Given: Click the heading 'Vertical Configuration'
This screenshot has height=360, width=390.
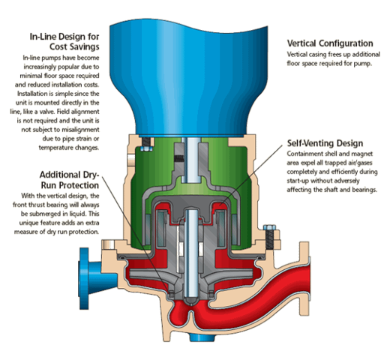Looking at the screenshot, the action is [330, 43].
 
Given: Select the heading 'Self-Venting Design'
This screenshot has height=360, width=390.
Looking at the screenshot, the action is [325, 143].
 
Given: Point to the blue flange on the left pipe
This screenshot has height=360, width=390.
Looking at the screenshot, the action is [84, 278].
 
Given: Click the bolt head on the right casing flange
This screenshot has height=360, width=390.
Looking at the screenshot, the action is [269, 227].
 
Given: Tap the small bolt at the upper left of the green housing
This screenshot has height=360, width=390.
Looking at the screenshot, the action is [146, 148].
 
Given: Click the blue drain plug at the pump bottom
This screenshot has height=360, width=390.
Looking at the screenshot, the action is [202, 338].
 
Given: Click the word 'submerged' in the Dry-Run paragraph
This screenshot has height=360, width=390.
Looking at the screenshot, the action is [45, 214].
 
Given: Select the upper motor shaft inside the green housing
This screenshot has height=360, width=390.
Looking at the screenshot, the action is [190, 160].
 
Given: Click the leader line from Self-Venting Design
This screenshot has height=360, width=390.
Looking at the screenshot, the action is [251, 175].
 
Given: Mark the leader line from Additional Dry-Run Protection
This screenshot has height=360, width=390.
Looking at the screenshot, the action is [136, 234].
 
